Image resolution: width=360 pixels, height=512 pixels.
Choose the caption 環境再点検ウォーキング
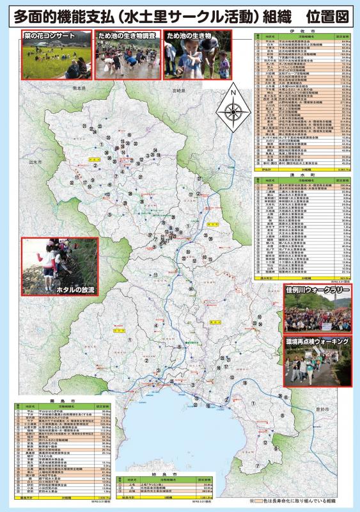point(318,342)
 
